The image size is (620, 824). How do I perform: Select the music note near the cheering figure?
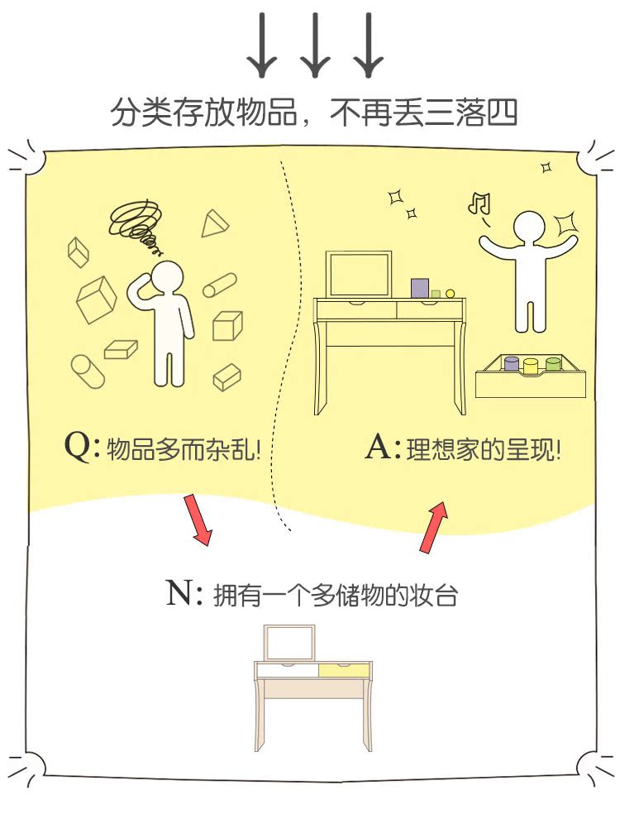pyautogui.click(x=479, y=202)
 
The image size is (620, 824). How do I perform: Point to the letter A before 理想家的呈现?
pyautogui.click(x=380, y=448)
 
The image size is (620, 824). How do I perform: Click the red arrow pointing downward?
pyautogui.click(x=197, y=519)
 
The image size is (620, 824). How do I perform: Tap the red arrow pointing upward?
pyautogui.click(x=434, y=527)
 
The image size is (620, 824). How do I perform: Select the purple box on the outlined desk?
pyautogui.click(x=420, y=288)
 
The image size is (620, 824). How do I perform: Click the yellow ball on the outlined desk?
pyautogui.click(x=451, y=293)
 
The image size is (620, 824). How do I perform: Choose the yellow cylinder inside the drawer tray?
pyautogui.click(x=531, y=364)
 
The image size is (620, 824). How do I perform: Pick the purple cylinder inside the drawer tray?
pyautogui.click(x=512, y=364)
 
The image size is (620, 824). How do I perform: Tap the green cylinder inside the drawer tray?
pyautogui.click(x=551, y=364)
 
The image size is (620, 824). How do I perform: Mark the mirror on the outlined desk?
pyautogui.click(x=360, y=274)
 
